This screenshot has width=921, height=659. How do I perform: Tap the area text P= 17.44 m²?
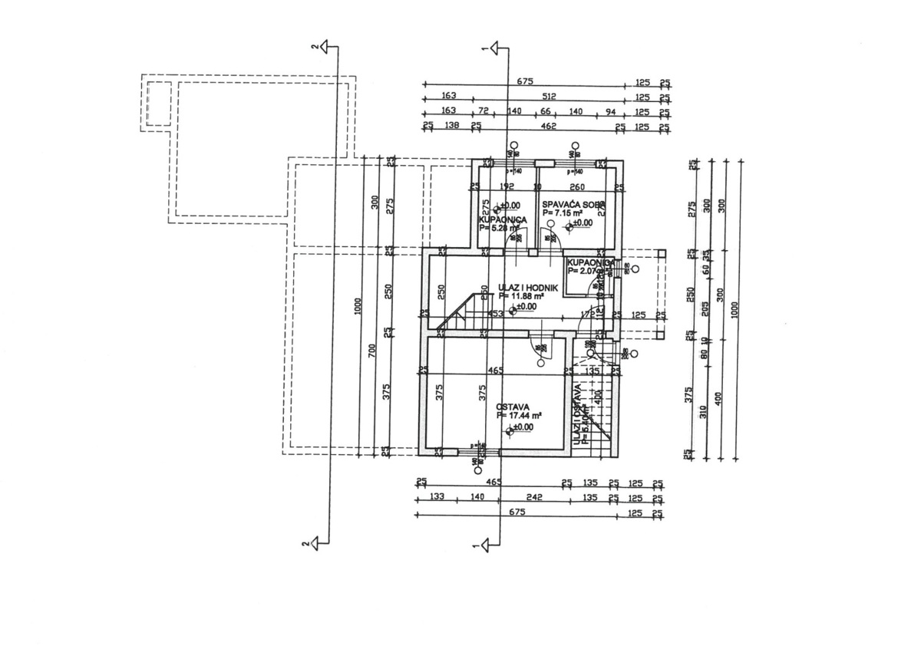(520, 416)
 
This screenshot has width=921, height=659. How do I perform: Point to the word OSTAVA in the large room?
(511, 407)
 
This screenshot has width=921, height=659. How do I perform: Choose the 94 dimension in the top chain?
(611, 112)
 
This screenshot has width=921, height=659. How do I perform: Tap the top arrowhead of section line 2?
(328, 48)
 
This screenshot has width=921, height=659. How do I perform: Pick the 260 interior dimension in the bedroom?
(578, 186)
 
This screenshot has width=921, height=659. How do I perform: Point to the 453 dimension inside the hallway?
(496, 313)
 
